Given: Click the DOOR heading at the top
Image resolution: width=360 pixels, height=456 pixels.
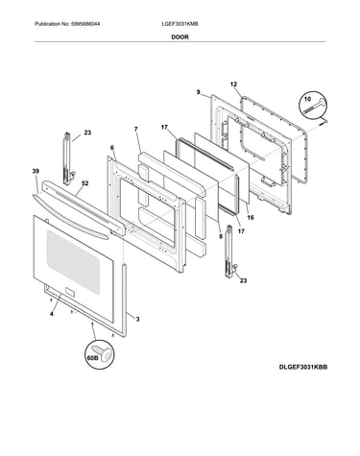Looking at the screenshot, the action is [x=180, y=37].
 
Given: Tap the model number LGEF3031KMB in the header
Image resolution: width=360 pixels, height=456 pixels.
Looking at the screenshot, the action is [x=180, y=24].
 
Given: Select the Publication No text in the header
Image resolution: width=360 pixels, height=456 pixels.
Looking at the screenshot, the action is [x=67, y=24].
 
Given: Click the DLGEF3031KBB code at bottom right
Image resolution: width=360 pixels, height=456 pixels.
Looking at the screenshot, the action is [x=303, y=367].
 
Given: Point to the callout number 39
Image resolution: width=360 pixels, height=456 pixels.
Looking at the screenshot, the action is [x=36, y=172].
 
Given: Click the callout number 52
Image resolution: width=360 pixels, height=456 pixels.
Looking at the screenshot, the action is [x=84, y=183].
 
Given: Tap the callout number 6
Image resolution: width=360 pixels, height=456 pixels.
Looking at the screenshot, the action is [x=112, y=148].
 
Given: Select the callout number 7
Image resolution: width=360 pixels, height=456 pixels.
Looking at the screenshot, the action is [x=136, y=129].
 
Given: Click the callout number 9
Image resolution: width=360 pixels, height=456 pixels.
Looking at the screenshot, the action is [x=199, y=92].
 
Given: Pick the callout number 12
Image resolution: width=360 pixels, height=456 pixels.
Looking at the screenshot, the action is [x=233, y=84].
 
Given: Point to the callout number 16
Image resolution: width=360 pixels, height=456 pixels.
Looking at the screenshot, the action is [x=251, y=218].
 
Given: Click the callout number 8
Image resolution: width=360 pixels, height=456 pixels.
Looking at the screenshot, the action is [x=221, y=237].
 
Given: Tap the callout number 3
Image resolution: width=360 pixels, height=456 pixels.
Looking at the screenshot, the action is [x=137, y=319].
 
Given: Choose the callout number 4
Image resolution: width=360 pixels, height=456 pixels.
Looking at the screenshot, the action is [x=52, y=314].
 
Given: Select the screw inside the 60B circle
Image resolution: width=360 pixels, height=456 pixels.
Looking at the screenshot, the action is [x=102, y=353].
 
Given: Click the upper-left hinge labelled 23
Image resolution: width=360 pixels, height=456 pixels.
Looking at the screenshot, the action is [x=68, y=158].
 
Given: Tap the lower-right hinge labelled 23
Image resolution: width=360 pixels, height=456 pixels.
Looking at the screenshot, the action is [x=231, y=252].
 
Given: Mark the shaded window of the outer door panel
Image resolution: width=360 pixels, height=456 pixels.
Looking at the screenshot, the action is [x=75, y=262].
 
